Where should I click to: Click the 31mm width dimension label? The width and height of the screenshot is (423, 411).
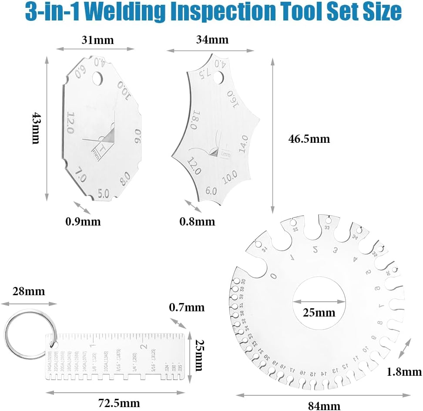coord(97,40)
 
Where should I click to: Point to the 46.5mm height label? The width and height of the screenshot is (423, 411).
coord(309,139)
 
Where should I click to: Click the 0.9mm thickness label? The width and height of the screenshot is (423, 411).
coord(83,222)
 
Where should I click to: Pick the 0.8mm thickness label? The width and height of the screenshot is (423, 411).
coord(197,222)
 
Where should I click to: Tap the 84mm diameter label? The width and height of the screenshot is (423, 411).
coord(324,406)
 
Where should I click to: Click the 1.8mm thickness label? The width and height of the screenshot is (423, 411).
coord(404,371)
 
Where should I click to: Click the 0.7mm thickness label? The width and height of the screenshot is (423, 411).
coord(186,307)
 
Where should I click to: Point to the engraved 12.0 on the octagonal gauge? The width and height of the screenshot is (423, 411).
coord(70,123)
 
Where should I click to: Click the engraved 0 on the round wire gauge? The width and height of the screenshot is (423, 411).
coord(273,276)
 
